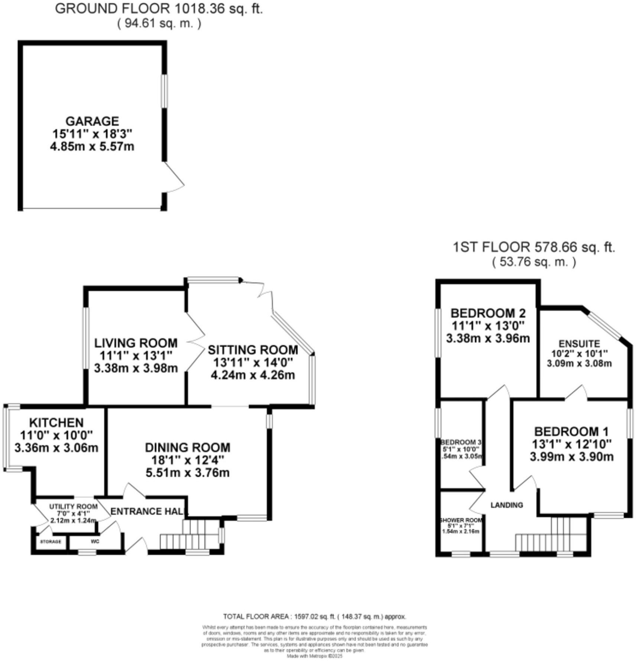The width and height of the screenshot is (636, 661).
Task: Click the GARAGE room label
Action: [x=92, y=121]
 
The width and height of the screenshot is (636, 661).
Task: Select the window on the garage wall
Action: [x=164, y=91]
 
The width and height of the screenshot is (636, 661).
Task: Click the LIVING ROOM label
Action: [x=136, y=343]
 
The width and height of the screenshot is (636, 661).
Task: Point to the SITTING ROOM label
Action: [x=253, y=350]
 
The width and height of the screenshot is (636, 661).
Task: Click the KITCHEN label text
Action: [x=56, y=422]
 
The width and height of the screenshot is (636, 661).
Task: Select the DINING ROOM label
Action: [x=187, y=447]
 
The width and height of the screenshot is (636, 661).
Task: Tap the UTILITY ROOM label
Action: [x=73, y=506]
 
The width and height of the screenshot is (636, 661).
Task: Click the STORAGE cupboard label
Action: [x=51, y=542]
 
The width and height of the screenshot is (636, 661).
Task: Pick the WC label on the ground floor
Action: [x=95, y=541]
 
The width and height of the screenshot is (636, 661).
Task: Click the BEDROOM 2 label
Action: [x=488, y=313]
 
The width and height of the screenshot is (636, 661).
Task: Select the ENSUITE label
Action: [x=579, y=344]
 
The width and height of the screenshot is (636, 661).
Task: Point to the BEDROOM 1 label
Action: [x=571, y=431]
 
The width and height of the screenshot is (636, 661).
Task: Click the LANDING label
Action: [x=506, y=505]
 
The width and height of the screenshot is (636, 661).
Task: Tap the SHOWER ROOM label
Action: [x=461, y=520]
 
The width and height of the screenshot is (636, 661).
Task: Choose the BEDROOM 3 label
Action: [x=461, y=442]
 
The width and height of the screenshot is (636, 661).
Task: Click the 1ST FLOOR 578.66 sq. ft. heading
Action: [x=534, y=247]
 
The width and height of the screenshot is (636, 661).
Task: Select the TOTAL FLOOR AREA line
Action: [x=314, y=616]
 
